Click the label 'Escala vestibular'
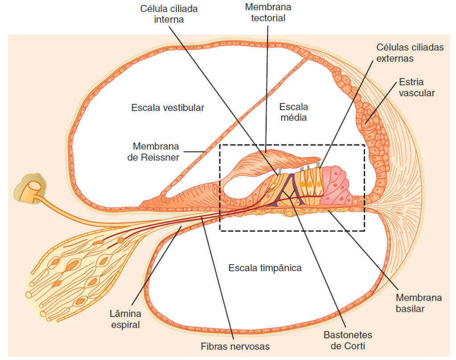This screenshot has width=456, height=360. click(168, 108)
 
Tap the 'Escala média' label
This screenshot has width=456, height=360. click(293, 112)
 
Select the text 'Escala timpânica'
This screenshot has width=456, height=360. click(265, 268)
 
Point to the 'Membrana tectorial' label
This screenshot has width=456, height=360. click(268, 12)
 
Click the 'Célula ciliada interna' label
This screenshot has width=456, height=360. click(169, 14)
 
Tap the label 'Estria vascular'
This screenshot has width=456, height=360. click(417, 87)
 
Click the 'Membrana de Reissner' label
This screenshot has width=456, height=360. click(156, 152)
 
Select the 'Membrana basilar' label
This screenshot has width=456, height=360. click(419, 303)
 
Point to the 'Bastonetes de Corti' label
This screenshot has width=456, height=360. click(348, 340)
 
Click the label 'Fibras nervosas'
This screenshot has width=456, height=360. click(235, 346)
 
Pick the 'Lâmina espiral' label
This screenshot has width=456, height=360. click(125, 319)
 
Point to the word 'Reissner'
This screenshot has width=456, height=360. click(162, 157)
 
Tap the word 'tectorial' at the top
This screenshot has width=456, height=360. click(268, 18)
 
